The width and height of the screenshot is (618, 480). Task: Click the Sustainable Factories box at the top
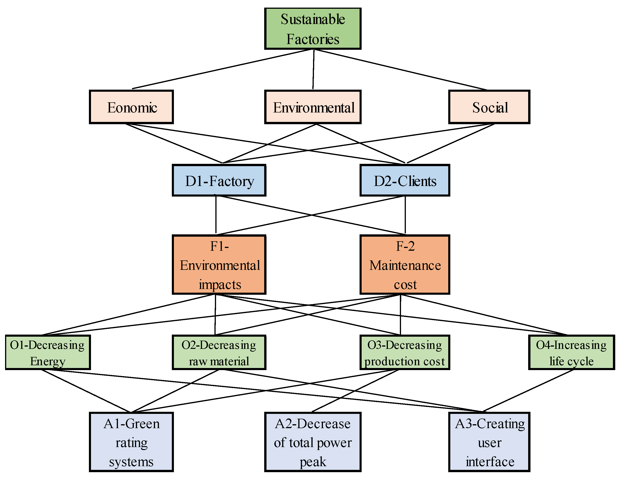313,29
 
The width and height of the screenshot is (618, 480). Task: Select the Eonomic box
131,107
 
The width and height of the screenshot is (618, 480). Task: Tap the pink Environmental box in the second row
313,107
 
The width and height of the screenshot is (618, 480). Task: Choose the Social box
489,107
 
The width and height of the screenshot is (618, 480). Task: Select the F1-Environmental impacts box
219,265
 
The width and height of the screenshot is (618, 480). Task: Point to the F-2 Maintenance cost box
405,265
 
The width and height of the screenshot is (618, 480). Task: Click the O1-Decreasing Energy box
48,352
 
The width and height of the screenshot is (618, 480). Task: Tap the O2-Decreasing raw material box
219,352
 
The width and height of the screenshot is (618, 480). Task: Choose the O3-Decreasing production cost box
405,352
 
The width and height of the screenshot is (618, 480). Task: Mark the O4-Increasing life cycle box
571,352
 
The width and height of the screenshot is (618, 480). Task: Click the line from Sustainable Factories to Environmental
313,69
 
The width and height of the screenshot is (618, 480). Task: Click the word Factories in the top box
313,39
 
